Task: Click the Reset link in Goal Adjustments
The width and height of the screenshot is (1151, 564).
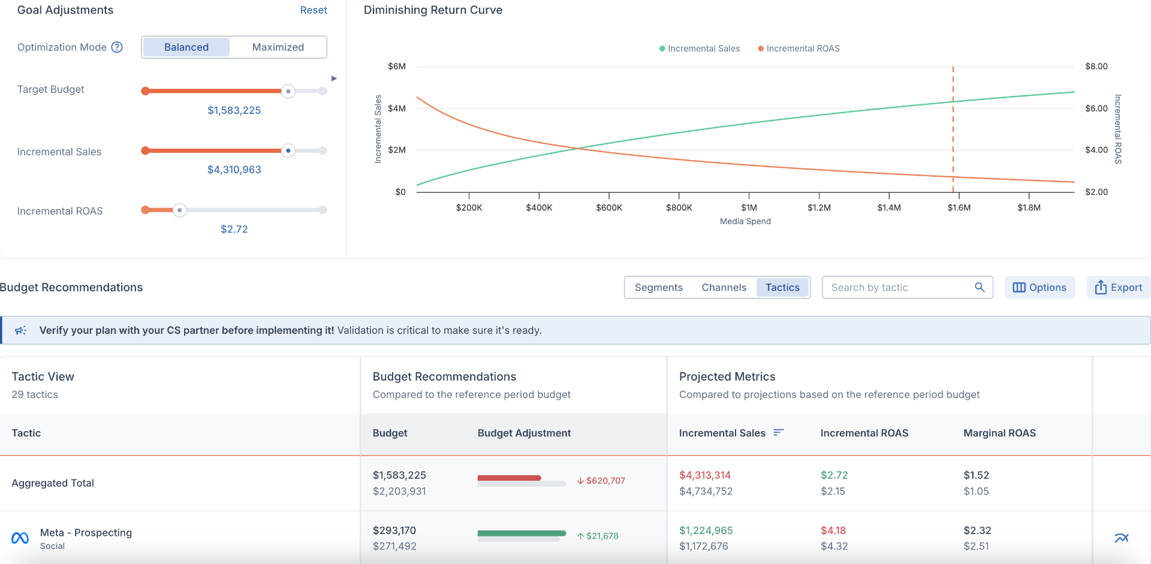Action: pos(314,10)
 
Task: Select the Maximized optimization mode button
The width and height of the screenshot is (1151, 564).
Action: pos(278,47)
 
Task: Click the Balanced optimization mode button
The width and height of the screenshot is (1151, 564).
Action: pos(186,47)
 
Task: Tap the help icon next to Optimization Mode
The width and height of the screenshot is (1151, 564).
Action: pos(117,47)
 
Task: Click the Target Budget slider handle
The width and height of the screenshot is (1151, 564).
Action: pos(288,91)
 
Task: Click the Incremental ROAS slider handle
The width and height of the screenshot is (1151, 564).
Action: pos(179,210)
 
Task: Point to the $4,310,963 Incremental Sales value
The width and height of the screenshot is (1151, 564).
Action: pos(234,170)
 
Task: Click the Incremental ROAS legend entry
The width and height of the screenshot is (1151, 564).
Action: pos(799,49)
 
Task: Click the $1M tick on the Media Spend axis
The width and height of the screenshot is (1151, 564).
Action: pos(749,207)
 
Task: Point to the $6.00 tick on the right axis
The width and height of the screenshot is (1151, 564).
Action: pos(1096,108)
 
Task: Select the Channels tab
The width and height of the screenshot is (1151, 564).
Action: pos(724,288)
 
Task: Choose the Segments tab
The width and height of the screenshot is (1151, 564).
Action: pos(658,288)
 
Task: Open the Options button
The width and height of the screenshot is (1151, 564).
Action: pos(1039,288)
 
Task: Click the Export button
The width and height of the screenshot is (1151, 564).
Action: pos(1118,288)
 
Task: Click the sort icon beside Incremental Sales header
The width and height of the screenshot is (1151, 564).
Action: pos(778,433)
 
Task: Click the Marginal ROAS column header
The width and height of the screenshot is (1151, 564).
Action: pos(999,433)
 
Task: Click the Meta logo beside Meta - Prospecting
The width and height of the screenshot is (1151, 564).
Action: pos(20,538)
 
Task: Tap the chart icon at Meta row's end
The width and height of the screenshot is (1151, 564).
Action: pos(1121,538)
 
